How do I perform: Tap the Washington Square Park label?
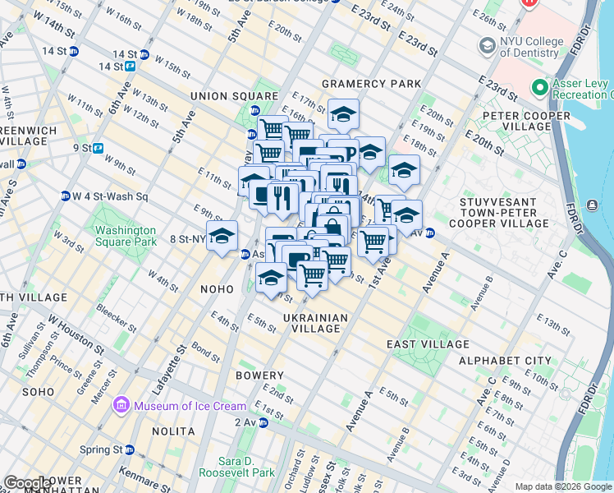coord(125,237)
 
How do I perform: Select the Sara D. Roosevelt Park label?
coord(247,467)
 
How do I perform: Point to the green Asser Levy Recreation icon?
coord(539,87)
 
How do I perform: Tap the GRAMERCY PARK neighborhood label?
coord(371,84)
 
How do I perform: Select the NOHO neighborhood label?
coord(217,289)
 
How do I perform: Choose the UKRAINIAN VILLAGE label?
coord(316,323)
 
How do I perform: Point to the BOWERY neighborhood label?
coord(259,376)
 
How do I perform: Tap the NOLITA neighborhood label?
coord(173,431)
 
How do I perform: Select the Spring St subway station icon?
coord(130,449)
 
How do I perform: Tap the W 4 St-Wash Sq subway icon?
coord(65,196)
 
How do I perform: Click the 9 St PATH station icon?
coord(98,149)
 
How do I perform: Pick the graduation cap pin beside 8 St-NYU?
coord(222,237)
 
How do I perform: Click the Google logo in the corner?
coord(26,483)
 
